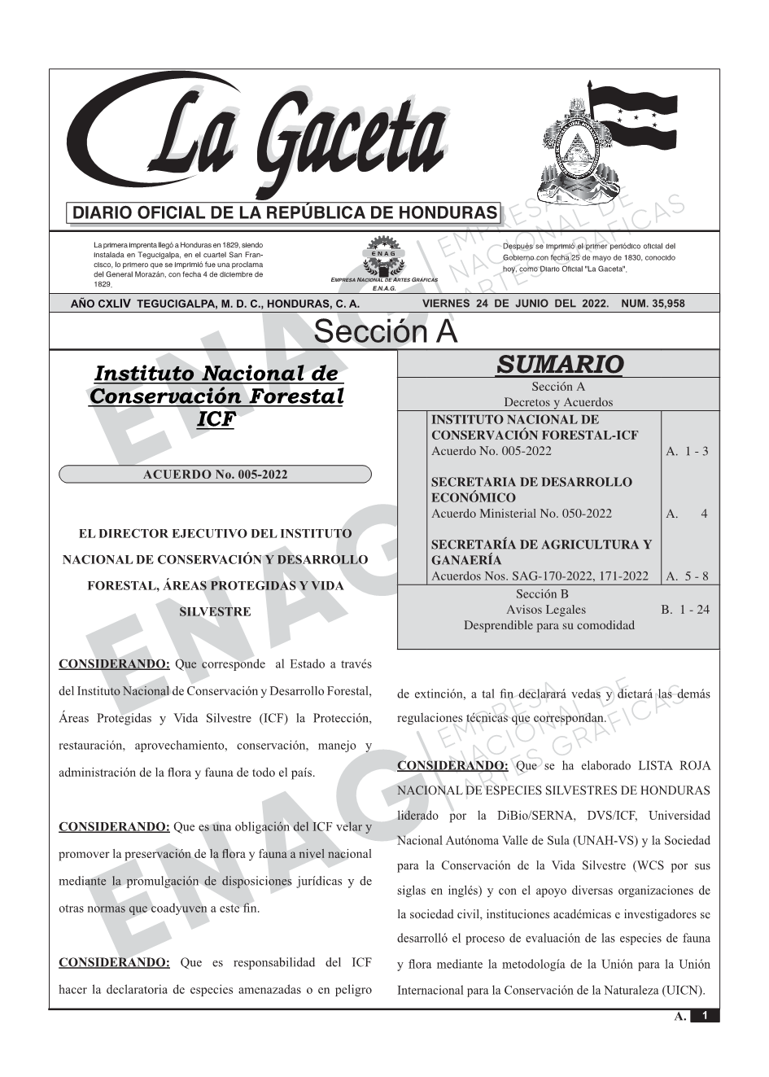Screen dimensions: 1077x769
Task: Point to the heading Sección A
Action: click(x=385, y=332)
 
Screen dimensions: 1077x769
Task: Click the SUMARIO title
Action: click(x=559, y=364)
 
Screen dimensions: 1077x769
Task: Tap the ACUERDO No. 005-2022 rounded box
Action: click(x=216, y=475)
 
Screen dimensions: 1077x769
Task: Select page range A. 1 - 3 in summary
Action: click(x=687, y=451)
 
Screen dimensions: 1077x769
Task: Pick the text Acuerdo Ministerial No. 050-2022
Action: click(x=521, y=514)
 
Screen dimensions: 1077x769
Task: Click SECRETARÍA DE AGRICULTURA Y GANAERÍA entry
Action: click(x=540, y=552)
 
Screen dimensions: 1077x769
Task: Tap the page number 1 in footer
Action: click(x=705, y=1016)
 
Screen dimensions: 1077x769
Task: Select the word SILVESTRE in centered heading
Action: click(x=215, y=611)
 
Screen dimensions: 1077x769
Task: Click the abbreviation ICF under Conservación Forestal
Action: click(x=216, y=419)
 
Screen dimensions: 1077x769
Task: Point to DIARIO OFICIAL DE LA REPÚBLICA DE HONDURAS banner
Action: click(x=285, y=213)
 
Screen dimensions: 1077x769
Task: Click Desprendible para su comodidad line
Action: click(x=548, y=625)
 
